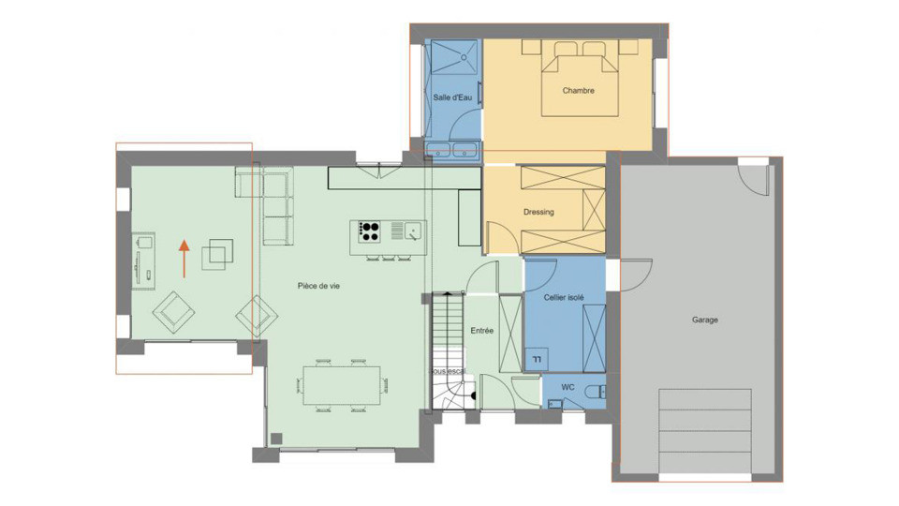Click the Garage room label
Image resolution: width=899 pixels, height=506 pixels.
click(704, 320)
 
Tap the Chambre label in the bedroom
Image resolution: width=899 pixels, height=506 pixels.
click(578, 91)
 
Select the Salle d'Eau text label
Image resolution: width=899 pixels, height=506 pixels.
click(452, 97)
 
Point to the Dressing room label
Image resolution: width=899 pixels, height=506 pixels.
click(538, 212)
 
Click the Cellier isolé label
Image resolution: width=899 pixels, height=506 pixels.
click(564, 297)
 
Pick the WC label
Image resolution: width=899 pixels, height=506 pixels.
click(567, 387)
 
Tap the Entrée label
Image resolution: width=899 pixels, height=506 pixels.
click(481, 331)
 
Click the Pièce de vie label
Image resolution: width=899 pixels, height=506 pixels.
click(318, 286)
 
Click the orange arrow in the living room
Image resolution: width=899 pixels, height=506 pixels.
click(184, 258)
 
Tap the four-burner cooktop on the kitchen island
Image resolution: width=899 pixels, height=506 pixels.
click(369, 230)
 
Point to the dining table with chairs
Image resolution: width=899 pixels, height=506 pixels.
click(342, 384)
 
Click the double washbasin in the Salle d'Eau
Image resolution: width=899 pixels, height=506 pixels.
click(452, 150)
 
